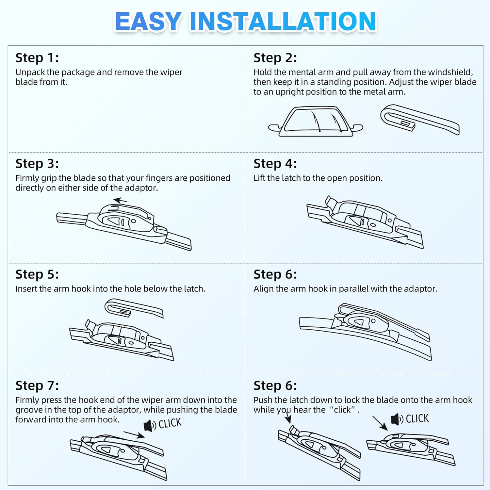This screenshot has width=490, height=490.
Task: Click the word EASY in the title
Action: click(148, 22)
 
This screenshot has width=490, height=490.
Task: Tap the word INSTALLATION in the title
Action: click(283, 22)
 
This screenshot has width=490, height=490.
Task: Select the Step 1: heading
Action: click(37, 58)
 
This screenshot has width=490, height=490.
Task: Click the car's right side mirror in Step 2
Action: click(357, 127)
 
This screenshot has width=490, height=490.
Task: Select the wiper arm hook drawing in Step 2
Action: click(419, 120)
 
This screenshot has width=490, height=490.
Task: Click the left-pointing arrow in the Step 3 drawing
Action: click(120, 200)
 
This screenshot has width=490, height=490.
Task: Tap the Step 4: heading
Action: click(275, 164)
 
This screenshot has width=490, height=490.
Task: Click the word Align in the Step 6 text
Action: click(264, 289)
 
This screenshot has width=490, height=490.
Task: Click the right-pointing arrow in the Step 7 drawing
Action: click(134, 434)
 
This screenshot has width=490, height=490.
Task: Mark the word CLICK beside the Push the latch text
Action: click(417, 418)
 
